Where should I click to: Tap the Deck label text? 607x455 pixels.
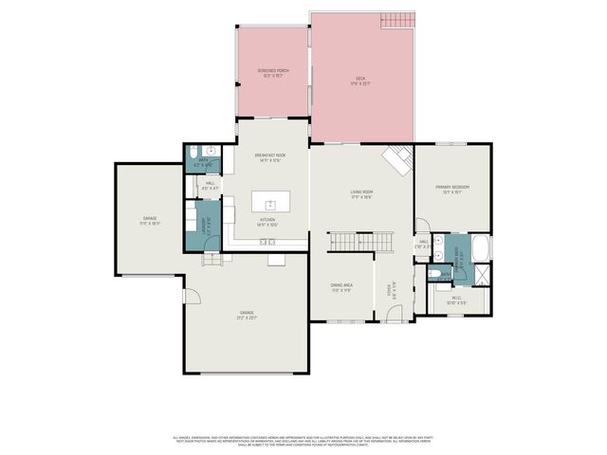click(x=360, y=81)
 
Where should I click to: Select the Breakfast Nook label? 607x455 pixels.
click(x=270, y=157)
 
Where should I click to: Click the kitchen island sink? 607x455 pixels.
click(x=270, y=204)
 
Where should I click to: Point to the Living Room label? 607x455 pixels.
click(x=360, y=194)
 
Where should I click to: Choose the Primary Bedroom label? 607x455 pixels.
click(x=452, y=190)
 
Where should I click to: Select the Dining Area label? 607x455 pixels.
click(x=341, y=286)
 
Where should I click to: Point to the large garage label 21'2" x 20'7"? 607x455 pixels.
click(x=248, y=315)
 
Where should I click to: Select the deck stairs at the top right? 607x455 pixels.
click(x=397, y=22)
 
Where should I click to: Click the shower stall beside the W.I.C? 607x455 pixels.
click(x=478, y=277)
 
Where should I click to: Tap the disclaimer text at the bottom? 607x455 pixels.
click(x=303, y=442)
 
